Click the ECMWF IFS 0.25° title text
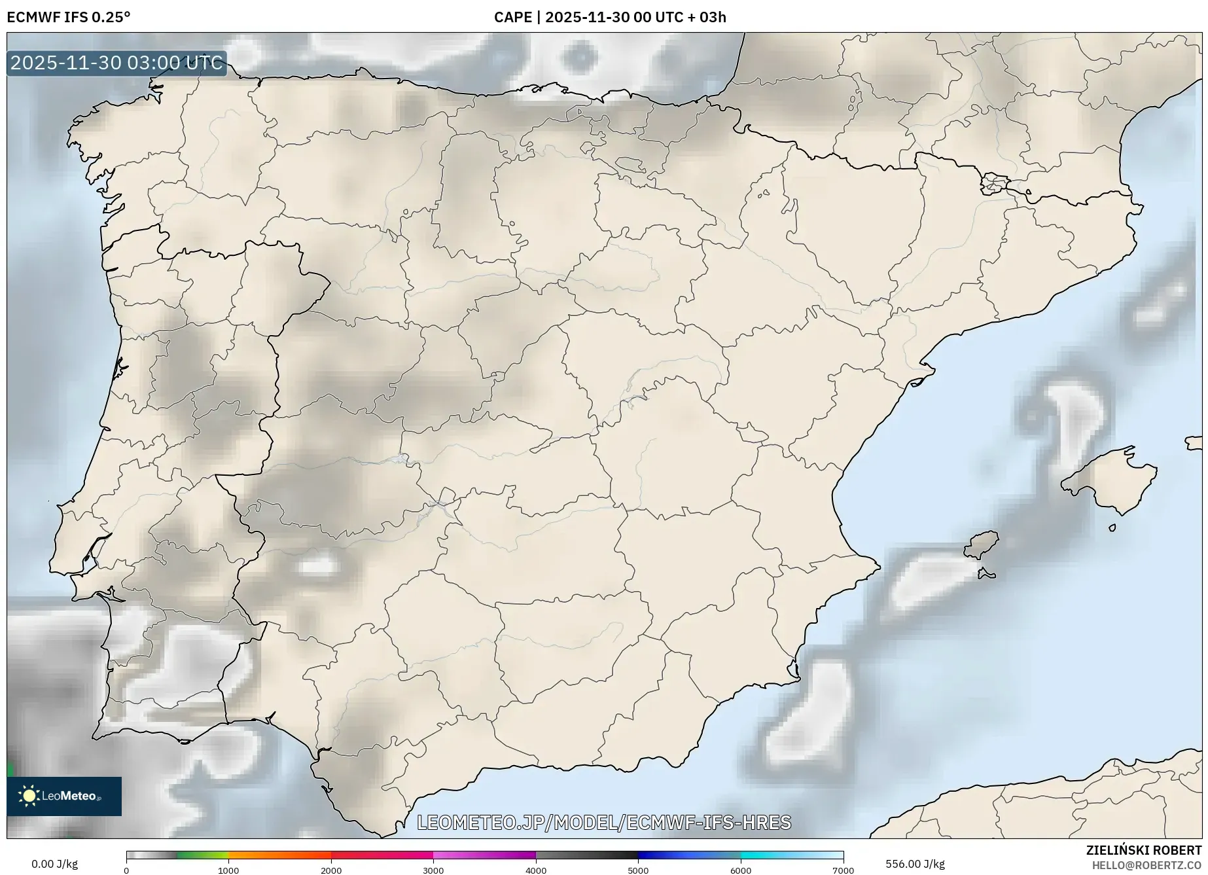69,17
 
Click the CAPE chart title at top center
610,17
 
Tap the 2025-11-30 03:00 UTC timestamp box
116,63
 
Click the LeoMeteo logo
64,796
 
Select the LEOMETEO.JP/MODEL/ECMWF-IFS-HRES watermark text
604,822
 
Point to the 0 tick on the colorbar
126,870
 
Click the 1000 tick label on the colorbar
228,870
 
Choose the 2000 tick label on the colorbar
331,870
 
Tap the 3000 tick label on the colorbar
433,870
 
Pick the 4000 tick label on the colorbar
536,870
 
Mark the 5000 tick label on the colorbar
638,870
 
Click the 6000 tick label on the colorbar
741,870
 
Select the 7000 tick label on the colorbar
843,870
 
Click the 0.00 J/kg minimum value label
54,864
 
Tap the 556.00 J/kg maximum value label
915,864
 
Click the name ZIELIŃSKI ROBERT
1143,850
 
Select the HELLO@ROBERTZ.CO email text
1146,865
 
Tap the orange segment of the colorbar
279,855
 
